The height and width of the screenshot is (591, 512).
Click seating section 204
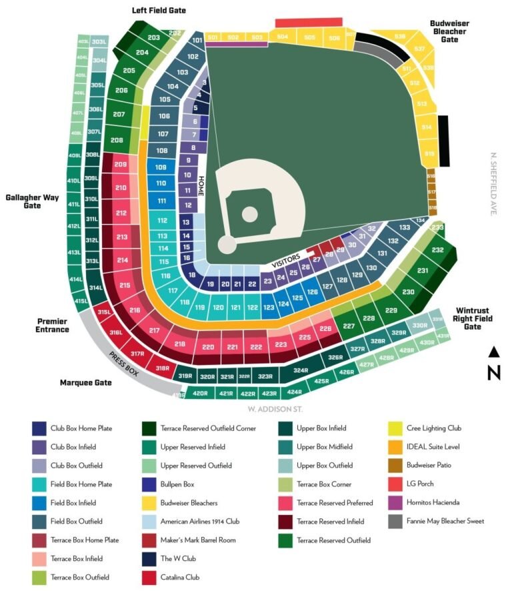tap(141, 52)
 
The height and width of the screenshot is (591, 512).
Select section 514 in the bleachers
tap(426, 127)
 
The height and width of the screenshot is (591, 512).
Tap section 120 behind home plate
tap(218, 308)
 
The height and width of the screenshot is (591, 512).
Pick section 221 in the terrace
tap(232, 347)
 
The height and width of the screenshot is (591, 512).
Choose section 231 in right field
tap(422, 271)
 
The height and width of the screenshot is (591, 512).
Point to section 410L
tap(73, 181)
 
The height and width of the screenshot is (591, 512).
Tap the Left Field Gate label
tap(159, 11)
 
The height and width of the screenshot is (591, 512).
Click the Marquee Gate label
tap(85, 383)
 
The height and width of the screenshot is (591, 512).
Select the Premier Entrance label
tap(53, 325)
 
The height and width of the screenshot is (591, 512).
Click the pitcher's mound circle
tap(249, 214)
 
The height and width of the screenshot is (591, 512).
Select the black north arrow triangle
tap(494, 352)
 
